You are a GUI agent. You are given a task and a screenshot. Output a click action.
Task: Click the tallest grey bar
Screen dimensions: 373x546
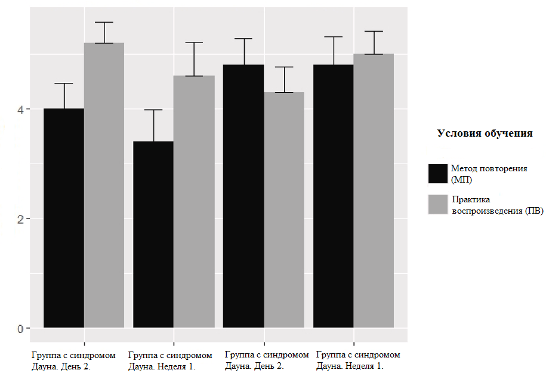point(104,185)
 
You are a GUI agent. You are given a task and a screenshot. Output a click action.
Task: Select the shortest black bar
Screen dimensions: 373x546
point(153,234)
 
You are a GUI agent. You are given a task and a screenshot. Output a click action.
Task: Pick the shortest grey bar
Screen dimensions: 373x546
point(284,209)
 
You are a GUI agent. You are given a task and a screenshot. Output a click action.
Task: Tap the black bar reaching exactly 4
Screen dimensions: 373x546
point(64,218)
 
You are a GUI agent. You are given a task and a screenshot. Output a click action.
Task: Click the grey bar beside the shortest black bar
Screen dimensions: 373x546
point(194,201)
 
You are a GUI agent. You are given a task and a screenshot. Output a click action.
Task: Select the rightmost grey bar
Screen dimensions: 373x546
point(374,190)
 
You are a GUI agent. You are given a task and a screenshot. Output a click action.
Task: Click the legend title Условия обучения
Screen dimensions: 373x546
point(485,133)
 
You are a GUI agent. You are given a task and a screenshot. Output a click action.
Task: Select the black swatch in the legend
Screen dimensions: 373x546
point(438,174)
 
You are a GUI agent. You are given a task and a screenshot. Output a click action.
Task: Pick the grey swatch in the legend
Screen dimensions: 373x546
point(438,204)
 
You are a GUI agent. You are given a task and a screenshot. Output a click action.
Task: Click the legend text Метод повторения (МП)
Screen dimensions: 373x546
point(489,174)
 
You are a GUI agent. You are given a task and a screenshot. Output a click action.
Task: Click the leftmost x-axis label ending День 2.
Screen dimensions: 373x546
point(73,360)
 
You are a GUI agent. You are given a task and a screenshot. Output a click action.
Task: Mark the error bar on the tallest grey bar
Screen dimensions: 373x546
point(104,32)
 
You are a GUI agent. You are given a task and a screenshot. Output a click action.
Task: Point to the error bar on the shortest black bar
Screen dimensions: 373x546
point(153,125)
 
